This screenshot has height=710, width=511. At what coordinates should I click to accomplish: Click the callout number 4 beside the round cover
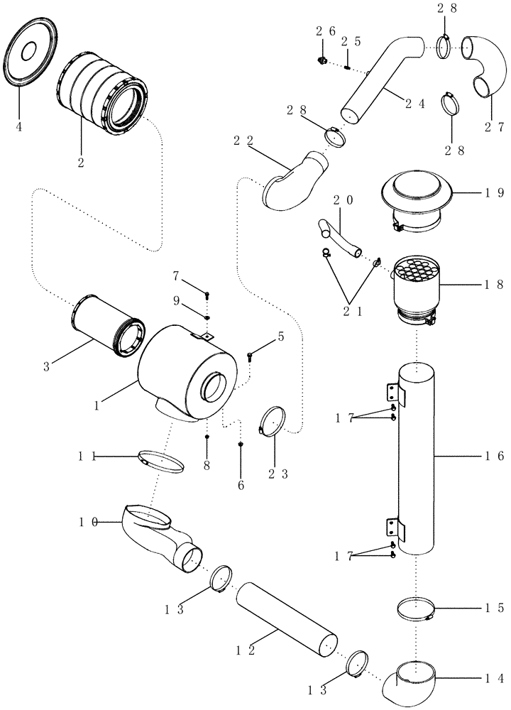[19, 127]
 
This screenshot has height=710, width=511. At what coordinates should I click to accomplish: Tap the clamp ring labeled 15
[415, 609]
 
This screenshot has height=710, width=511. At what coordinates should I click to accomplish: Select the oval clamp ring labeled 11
[160, 461]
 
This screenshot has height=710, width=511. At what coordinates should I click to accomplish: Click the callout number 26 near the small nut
[326, 31]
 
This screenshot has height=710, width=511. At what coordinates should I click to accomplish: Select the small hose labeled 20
[341, 239]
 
